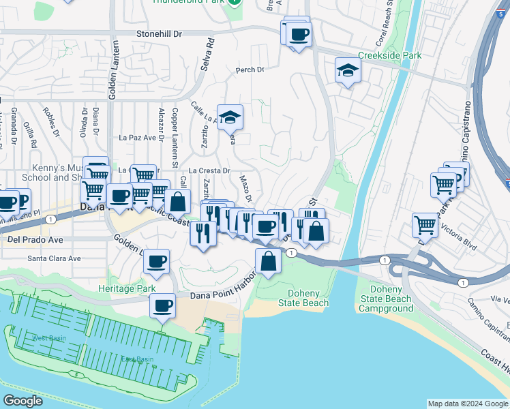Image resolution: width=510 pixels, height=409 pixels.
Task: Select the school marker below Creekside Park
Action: coord(348,71)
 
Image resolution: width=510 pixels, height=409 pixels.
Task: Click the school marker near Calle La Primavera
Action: coord(230,117)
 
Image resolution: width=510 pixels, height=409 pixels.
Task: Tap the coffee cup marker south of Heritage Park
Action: coord(163,306)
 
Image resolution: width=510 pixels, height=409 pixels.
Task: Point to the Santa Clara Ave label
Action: coord(54,258)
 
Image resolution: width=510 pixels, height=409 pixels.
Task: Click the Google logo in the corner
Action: coord(22,401)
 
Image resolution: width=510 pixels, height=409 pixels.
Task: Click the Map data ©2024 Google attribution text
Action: coord(468,404)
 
